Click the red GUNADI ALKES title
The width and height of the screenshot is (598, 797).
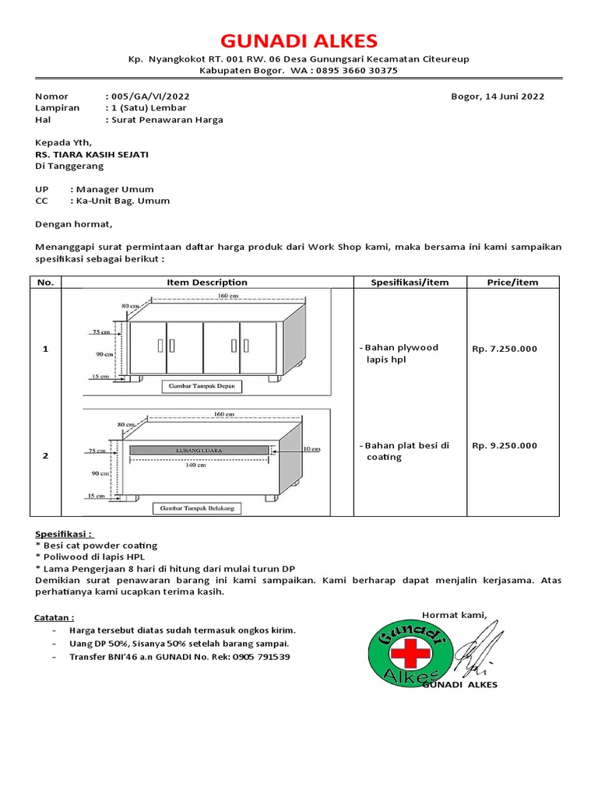299,40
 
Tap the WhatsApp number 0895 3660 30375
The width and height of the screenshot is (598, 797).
355,70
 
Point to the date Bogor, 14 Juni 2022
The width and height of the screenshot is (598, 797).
498,97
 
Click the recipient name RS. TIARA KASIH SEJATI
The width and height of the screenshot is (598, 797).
92,154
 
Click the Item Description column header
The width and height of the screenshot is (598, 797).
207,283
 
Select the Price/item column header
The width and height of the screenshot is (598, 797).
512,283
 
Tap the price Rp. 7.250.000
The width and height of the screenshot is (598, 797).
505,349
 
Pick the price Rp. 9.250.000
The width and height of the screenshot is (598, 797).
505,445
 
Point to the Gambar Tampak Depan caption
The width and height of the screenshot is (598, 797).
202,385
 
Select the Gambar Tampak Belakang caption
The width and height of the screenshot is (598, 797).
200,508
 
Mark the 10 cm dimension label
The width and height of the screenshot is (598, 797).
311,448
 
